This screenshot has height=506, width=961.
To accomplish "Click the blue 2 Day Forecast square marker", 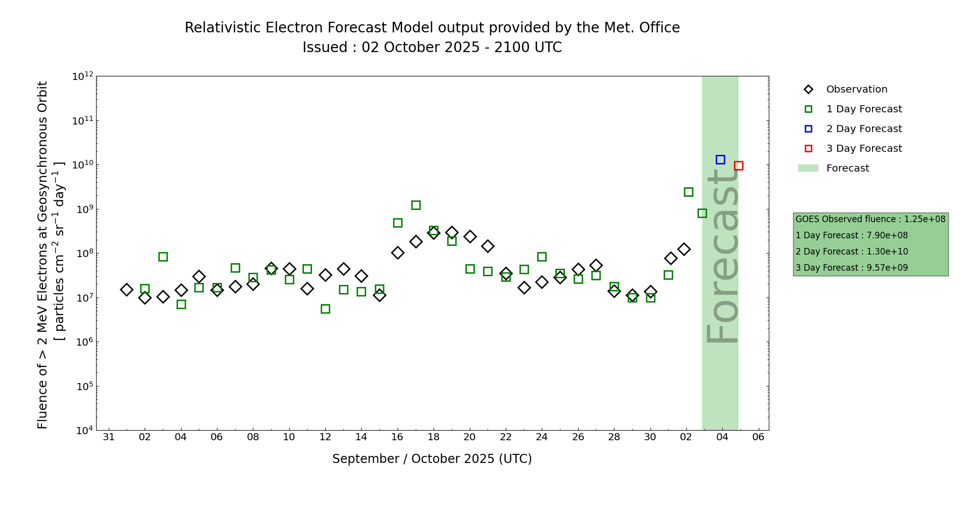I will pos(720,159).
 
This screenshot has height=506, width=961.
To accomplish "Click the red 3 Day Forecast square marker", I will pos(738,165).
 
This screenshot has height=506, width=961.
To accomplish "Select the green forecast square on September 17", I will pos(416,205).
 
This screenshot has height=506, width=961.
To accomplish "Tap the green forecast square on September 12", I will pos(325,309).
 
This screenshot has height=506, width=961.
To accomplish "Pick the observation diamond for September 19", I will pos(452,233).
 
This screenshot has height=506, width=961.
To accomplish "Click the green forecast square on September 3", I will pos(163,257).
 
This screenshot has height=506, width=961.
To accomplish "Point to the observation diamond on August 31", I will pos(126,289).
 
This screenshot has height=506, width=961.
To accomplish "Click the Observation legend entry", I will pos(856,90).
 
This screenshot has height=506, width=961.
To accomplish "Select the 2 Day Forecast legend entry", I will pos(863,129).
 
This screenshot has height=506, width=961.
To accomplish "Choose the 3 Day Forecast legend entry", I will pos(863,149).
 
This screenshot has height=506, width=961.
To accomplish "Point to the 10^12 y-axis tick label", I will pos(82,76).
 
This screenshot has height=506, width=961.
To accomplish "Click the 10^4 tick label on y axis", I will pos(82,431).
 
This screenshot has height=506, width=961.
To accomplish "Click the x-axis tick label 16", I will pos(398,437).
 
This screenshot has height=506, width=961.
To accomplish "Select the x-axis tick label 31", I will pos(109,437).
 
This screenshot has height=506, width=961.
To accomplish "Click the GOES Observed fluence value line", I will pos(870,219).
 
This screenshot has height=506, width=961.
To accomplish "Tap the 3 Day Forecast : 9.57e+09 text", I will pos(852,268).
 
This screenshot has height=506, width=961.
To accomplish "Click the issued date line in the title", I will pos(432,48).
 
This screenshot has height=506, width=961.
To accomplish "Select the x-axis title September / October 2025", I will pos(432,459).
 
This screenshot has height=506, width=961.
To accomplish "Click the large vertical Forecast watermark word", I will pos(722,256).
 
